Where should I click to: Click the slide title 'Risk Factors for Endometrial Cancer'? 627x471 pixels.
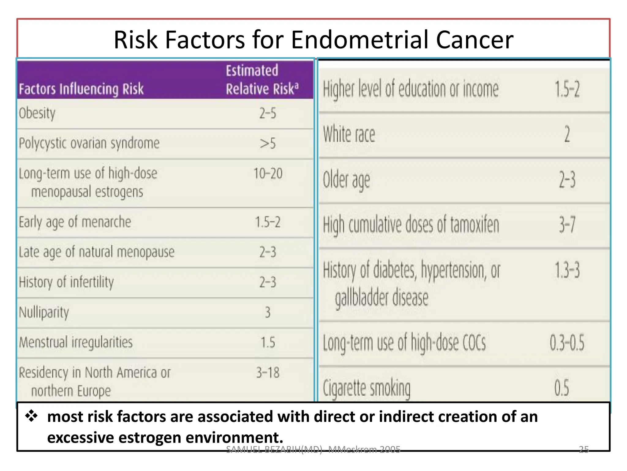[x=313, y=40]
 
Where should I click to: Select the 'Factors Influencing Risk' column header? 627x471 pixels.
[x=81, y=89]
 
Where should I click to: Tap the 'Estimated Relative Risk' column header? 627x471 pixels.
[x=262, y=80]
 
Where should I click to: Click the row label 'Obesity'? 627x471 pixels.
[x=37, y=113]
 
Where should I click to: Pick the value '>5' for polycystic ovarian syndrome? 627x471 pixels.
[x=268, y=143]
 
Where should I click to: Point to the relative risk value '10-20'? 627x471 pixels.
[x=268, y=174]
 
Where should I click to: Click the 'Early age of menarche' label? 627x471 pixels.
[x=75, y=222]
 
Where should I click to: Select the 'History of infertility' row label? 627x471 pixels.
[x=66, y=282]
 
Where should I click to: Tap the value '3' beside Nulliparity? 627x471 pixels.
[x=268, y=312]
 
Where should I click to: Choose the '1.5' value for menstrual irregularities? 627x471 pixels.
[x=268, y=342]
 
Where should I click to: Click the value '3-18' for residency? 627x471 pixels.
[x=268, y=373]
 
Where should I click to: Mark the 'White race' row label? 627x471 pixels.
[x=349, y=134]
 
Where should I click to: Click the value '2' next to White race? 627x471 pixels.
[x=567, y=134]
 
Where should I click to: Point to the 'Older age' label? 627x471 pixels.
[x=347, y=180]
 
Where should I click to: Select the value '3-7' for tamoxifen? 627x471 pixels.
[x=567, y=224]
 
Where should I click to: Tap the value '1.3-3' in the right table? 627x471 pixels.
[x=567, y=270]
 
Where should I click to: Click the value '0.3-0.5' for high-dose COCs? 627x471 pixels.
[x=567, y=343]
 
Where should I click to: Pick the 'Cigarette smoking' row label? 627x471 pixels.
[x=367, y=388]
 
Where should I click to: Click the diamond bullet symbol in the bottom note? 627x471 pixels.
[x=32, y=416]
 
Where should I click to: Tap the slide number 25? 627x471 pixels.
[x=584, y=449]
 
